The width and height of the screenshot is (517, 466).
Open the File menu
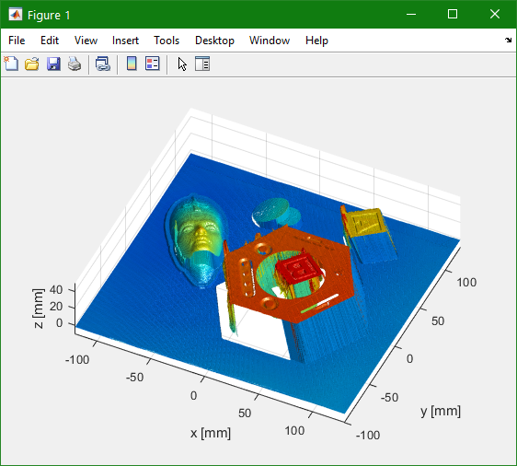(x=17, y=41)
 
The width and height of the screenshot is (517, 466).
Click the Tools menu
(x=167, y=41)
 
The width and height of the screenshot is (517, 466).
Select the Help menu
(x=316, y=41)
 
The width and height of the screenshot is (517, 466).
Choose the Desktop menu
(x=214, y=41)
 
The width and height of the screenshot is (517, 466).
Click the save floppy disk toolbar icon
(x=53, y=64)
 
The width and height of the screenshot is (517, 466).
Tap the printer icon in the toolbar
(x=75, y=64)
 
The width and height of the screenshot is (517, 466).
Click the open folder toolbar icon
(x=32, y=64)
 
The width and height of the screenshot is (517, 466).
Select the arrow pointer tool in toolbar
(x=182, y=64)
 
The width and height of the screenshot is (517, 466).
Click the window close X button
(x=495, y=14)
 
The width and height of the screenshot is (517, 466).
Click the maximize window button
(x=453, y=14)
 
